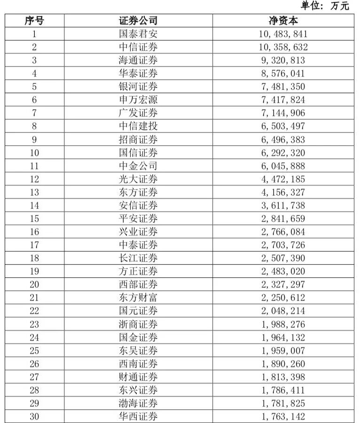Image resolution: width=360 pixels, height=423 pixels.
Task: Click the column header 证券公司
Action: (x=138, y=21)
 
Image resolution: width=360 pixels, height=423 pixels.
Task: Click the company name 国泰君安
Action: (x=138, y=34)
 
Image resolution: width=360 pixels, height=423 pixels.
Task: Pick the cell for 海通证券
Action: (x=138, y=60)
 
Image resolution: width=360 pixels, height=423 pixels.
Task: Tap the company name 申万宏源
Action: (x=138, y=100)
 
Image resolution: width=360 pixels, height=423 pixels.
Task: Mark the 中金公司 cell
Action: (x=138, y=166)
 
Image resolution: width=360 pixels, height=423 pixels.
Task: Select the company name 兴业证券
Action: (x=138, y=232)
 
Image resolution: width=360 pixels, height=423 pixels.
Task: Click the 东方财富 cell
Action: (x=138, y=298)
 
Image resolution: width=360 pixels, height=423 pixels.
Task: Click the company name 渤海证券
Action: (x=138, y=403)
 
